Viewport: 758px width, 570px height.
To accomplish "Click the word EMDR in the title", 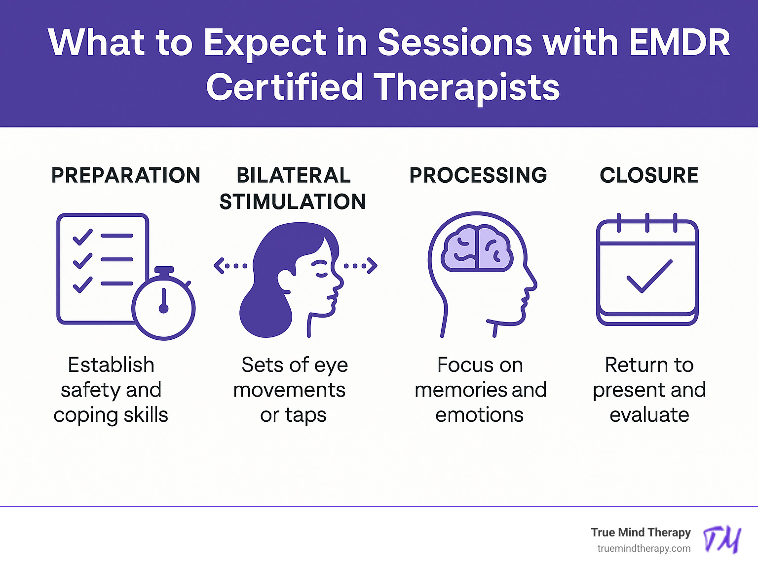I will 679,42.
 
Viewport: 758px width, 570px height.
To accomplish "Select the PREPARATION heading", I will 126,175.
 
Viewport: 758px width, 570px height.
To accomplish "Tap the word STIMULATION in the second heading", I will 293,202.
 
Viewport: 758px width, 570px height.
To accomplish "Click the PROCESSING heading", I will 478,175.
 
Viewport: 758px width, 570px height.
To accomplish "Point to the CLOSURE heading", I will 649,175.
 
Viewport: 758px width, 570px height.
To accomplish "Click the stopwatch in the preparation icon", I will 164,307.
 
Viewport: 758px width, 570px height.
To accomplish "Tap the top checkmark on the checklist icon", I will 82,237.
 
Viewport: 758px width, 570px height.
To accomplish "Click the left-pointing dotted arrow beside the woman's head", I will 230,266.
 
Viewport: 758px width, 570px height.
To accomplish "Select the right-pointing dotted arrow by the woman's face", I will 361,266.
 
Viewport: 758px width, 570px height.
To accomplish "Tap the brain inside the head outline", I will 477,248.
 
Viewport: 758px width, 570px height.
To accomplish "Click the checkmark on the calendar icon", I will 649,276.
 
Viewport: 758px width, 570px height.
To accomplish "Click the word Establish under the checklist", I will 111,365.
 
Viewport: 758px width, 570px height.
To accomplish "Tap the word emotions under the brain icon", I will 479,415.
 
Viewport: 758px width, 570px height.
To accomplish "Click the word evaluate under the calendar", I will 649,415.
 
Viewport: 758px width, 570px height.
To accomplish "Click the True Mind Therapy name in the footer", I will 641,532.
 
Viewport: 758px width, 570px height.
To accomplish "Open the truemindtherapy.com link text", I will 644,548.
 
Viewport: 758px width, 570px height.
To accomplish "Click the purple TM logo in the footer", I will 722,539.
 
